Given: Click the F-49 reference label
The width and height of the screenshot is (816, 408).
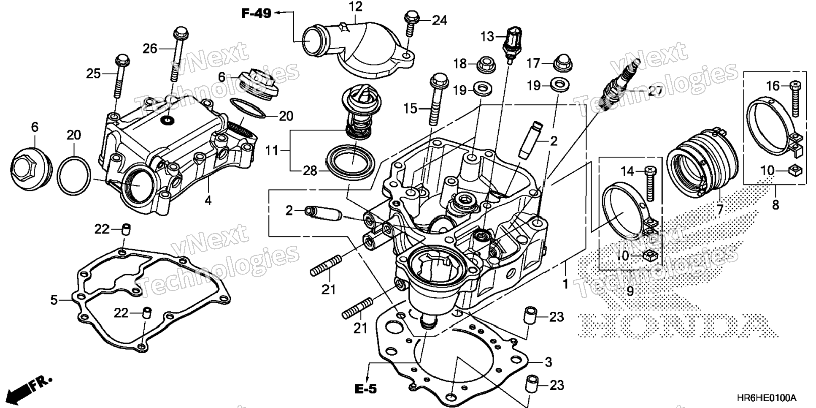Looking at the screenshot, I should pyautogui.click(x=256, y=14).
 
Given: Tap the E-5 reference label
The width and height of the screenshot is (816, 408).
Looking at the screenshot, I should pyautogui.click(x=365, y=389).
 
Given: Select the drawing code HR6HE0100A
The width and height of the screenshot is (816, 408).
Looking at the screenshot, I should pyautogui.click(x=767, y=398).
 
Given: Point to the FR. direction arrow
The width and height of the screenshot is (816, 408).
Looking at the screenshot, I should pyautogui.click(x=30, y=388).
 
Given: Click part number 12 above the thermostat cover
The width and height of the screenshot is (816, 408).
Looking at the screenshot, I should pyautogui.click(x=356, y=7).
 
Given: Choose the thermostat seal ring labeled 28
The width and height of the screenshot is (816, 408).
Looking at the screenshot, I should pyautogui.click(x=350, y=163).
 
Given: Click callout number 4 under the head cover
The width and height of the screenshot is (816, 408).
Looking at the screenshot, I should pyautogui.click(x=208, y=200).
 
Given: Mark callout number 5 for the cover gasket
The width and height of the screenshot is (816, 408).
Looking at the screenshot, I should pyautogui.click(x=54, y=300).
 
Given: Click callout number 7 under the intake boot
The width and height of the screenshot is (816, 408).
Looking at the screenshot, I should pyautogui.click(x=720, y=209).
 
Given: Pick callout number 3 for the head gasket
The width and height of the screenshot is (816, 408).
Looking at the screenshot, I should pyautogui.click(x=548, y=362).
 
